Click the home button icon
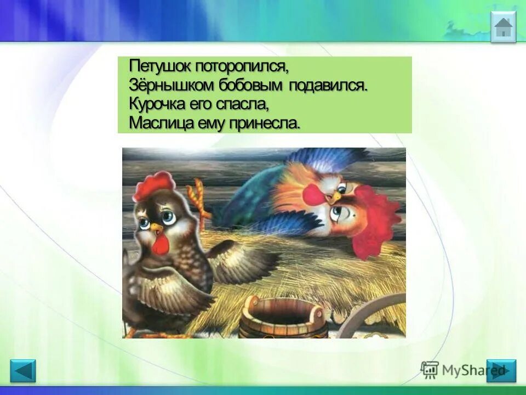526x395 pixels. (x=503, y=27)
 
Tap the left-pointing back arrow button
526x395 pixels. (x=23, y=371)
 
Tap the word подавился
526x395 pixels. (x=328, y=86)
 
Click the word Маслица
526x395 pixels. (x=158, y=123)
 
